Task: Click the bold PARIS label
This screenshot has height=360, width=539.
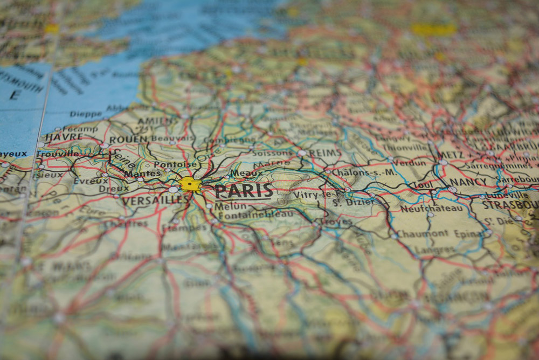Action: tap(244, 191)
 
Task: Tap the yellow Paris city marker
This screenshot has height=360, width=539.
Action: tap(189, 184)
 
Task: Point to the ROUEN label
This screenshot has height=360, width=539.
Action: tap(128, 140)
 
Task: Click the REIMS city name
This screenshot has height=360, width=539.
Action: tap(324, 153)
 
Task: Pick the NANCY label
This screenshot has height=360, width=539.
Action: tap(468, 182)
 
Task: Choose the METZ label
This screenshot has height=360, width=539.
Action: tap(451, 155)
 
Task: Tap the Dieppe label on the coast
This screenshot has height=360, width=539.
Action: tap(85, 114)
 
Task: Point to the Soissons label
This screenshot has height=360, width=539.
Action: tap(272, 153)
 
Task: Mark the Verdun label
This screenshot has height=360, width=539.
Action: tap(409, 162)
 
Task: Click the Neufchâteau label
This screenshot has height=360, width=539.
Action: tap(431, 208)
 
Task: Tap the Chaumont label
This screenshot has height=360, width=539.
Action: tap(423, 233)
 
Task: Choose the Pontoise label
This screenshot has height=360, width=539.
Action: tap(175, 164)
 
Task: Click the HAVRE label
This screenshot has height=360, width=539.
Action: tap(64, 137)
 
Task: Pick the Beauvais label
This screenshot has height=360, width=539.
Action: tap(172, 139)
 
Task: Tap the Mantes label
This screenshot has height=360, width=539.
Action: tap(142, 174)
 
